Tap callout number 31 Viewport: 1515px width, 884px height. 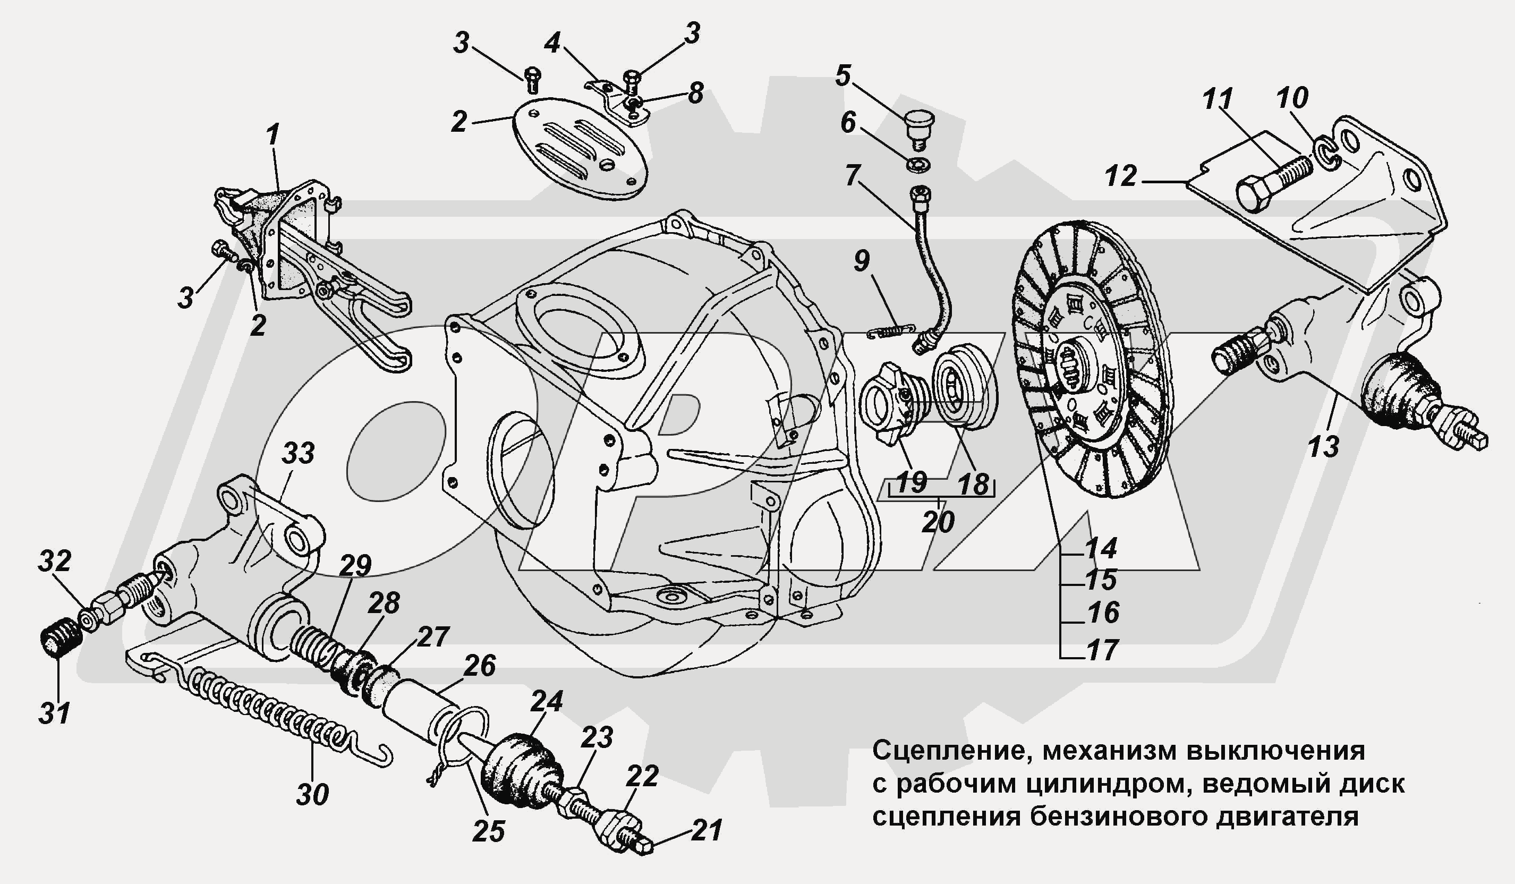55,713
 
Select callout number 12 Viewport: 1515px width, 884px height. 1121,176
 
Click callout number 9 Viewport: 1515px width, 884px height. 861,261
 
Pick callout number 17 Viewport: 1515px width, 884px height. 1102,651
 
